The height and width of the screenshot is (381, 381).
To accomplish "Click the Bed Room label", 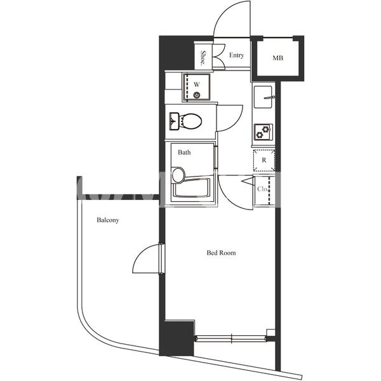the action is (221, 253).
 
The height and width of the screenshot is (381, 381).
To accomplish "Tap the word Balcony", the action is (108, 220).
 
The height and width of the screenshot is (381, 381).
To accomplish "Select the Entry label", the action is (236, 55).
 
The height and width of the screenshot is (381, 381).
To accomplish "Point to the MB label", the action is (277, 58).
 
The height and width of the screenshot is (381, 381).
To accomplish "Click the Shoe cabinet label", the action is (203, 58).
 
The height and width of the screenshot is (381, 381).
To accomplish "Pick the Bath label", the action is (184, 152).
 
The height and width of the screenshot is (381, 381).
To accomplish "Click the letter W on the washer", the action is (197, 84).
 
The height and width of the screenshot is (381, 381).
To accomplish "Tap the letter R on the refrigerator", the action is (264, 160).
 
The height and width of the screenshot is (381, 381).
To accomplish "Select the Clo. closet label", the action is (262, 189).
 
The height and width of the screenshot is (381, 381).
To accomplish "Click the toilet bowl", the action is (191, 121).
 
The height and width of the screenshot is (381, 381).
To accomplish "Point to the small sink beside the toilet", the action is (174, 121).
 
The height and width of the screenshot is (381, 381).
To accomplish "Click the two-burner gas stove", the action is (263, 132).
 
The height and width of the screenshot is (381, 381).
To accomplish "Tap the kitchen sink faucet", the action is (269, 97).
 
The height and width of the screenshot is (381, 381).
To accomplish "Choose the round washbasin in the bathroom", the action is (178, 175).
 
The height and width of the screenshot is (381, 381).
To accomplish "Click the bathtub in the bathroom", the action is (191, 188).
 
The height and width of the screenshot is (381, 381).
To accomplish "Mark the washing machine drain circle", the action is (197, 95).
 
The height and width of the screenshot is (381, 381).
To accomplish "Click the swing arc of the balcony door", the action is (140, 253).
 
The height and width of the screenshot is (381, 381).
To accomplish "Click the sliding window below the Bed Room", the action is (231, 338).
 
